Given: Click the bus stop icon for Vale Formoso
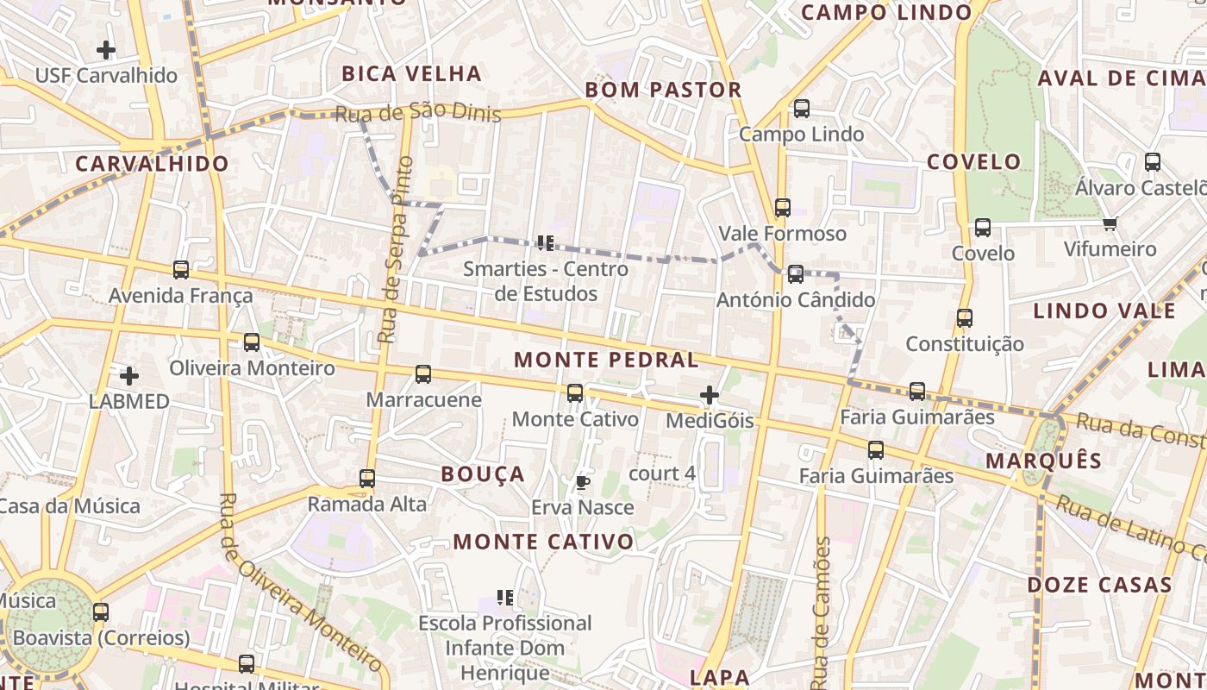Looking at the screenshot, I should pyautogui.click(x=782, y=208).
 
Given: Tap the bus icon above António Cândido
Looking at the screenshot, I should pyautogui.click(x=795, y=274).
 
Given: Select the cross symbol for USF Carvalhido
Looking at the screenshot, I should pyautogui.click(x=106, y=50).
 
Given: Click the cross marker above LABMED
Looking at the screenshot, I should pyautogui.click(x=129, y=376).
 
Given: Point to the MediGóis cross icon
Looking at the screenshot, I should pyautogui.click(x=709, y=396).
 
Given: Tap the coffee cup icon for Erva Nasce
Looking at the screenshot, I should pyautogui.click(x=582, y=482).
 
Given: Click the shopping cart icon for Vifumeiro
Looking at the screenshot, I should pyautogui.click(x=1110, y=224).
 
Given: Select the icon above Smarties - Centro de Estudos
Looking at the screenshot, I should pyautogui.click(x=545, y=243).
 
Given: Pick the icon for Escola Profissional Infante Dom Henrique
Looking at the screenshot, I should pyautogui.click(x=506, y=597).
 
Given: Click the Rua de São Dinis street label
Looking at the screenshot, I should pyautogui.click(x=418, y=113).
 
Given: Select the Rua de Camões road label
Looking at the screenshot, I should pyautogui.click(x=821, y=612).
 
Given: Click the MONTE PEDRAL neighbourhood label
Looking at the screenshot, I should pyautogui.click(x=606, y=360).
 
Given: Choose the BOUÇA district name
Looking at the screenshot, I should pyautogui.click(x=483, y=474).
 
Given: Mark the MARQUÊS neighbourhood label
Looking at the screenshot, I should pyautogui.click(x=1043, y=461).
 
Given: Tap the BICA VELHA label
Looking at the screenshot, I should pyautogui.click(x=411, y=73).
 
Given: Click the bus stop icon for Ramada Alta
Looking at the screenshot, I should pyautogui.click(x=367, y=479).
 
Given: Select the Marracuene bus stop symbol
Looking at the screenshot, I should pyautogui.click(x=423, y=374).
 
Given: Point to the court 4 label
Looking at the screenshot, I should pyautogui.click(x=662, y=474).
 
